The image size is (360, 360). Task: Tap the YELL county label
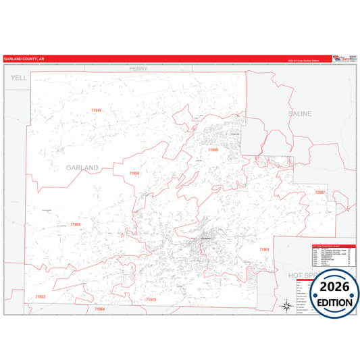pyautogui.click(x=18, y=78)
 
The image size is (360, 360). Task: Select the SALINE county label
pyautogui.click(x=299, y=113)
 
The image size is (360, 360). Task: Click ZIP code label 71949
pyautogui.click(x=95, y=110)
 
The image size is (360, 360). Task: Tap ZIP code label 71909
pyautogui.click(x=213, y=149)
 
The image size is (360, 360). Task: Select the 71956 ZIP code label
pyautogui.click(x=134, y=174)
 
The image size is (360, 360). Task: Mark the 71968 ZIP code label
pyautogui.click(x=76, y=224)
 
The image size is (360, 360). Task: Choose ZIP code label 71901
pyautogui.click(x=264, y=249)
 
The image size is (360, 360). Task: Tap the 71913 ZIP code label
pyautogui.click(x=150, y=299)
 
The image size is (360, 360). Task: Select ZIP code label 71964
pyautogui.click(x=100, y=309)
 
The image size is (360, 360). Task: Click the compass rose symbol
pyautogui.click(x=286, y=306)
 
